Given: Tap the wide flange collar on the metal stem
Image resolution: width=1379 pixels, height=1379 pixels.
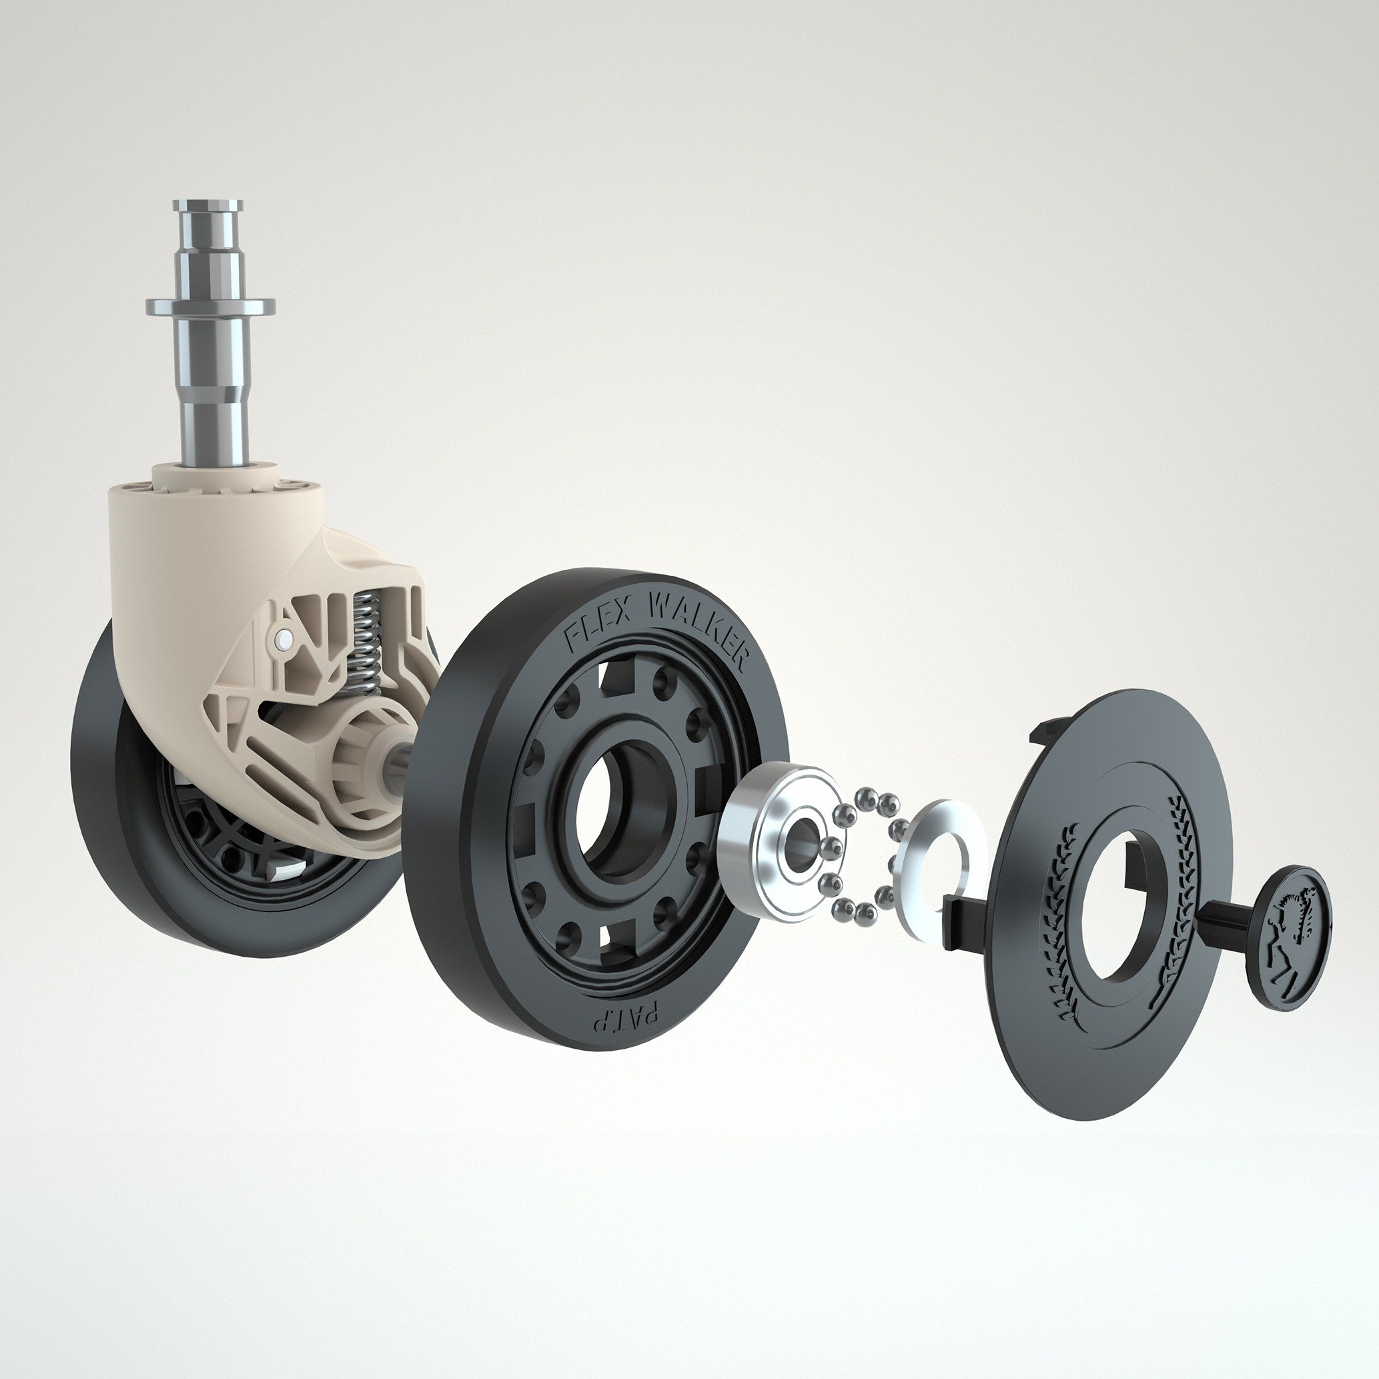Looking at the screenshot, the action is [211, 307].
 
